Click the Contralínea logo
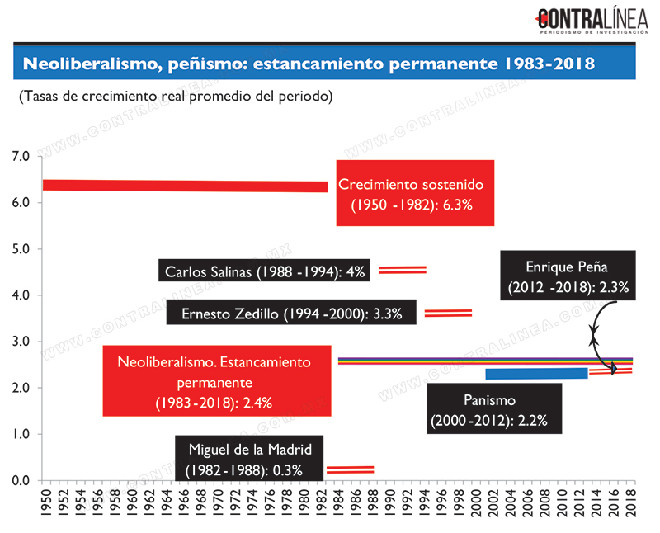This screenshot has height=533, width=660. coord(592,21)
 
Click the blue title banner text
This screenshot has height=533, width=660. coord(309,64)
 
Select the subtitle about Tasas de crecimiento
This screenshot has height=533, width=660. coord(176,97)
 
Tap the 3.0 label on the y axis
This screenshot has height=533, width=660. coord(20,341)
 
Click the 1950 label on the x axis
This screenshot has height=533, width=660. coord(46,503)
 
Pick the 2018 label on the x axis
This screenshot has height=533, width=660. coord(630,503)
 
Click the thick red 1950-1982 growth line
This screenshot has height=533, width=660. coord(185,186)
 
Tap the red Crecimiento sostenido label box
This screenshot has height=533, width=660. coord(415,193)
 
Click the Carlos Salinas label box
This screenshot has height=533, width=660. coord(264,271)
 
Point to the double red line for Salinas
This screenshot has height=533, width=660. coord(403,270)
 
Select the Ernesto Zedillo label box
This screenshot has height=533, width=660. coord(291,312)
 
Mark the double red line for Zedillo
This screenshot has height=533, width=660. coord(448,313)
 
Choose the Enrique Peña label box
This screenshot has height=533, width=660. coord(568,276)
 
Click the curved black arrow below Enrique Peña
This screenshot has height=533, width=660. coord(593,337)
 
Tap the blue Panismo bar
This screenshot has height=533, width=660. coord(537,374)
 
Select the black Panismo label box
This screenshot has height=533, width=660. coord(494,408)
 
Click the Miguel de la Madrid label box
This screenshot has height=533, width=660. coord(249,458)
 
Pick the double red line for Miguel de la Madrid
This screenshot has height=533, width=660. coord(350,469)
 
